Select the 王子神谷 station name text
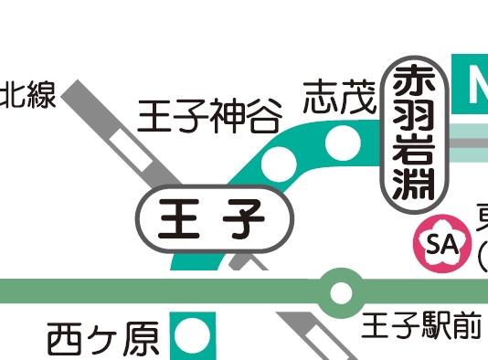[207, 116]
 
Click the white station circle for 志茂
[342, 141]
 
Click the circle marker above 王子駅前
[340, 292]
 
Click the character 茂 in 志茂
[358, 96]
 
